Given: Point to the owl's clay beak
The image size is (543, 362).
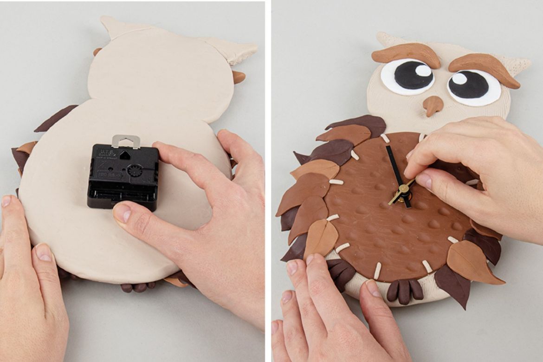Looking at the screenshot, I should pyautogui.click(x=433, y=105).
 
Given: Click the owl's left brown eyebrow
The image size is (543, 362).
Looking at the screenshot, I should pyautogui.click(x=406, y=53).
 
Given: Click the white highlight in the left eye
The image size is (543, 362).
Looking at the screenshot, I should pyautogui.click(x=423, y=71).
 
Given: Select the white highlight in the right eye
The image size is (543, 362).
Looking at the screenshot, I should pyautogui.click(x=459, y=78).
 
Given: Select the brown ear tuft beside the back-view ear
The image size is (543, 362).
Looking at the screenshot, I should pyautogui.click(x=239, y=77).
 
